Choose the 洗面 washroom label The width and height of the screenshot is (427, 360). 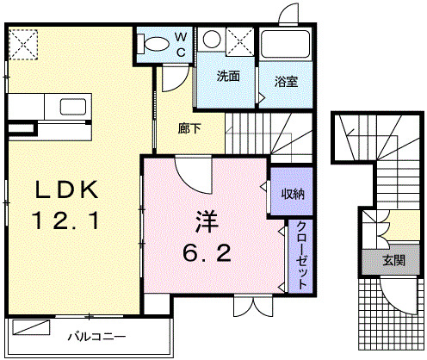(227, 75)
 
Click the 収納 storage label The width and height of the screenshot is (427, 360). (292, 193)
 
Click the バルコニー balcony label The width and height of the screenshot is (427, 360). (97, 336)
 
